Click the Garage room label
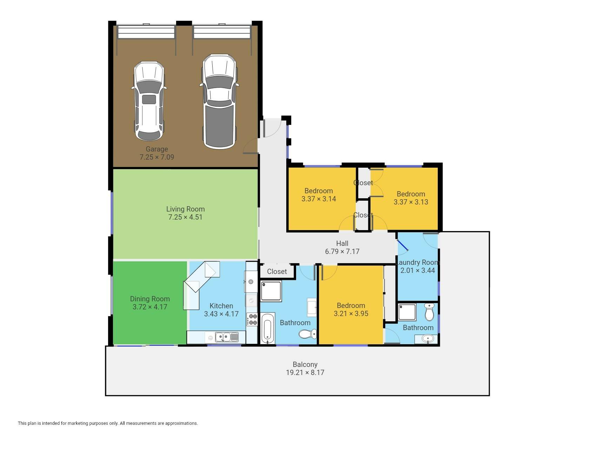157,149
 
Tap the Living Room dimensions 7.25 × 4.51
185,217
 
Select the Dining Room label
150,299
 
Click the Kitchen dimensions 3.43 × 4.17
221,314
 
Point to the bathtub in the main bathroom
268,328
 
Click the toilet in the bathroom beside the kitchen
308,334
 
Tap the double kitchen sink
226,337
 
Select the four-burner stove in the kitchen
252,319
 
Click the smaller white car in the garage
149,101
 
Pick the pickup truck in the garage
219,101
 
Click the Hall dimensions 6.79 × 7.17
342,252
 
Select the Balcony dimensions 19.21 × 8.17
305,373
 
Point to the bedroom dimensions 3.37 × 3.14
319,199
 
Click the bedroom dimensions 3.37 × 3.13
411,202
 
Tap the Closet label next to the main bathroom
277,272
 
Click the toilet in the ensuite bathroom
429,312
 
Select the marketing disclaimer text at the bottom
108,423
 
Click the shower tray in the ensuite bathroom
407,312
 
